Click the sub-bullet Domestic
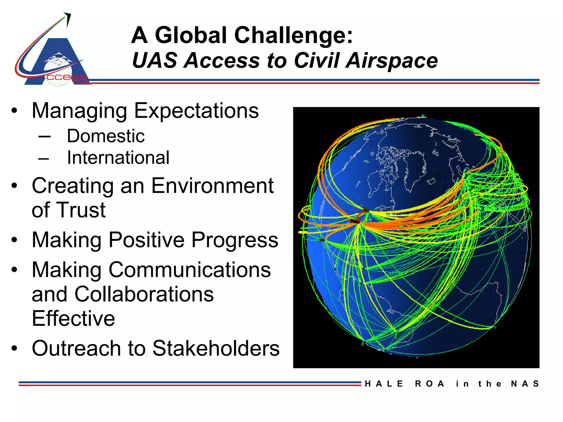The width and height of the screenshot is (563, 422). coord(106,136)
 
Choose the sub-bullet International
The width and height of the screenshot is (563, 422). coord(118,158)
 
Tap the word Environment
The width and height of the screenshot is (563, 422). coord(212,186)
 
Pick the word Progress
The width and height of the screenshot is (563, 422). coord(234,240)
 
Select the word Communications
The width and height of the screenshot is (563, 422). coord(190,270)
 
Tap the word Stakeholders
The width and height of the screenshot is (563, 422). coord(216,348)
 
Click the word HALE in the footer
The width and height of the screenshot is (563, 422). coord(384,384)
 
